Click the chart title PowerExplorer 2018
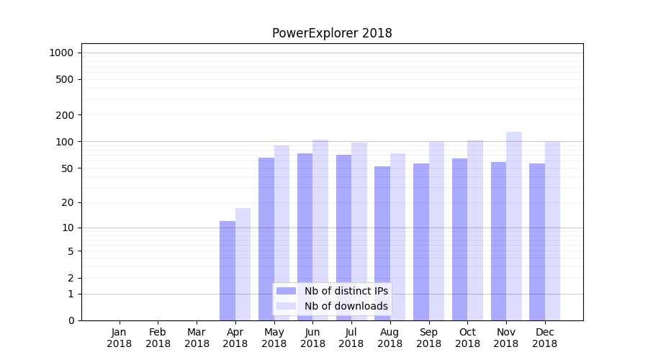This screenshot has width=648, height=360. pos(332,33)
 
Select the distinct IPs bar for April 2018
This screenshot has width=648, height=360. pos(228,271)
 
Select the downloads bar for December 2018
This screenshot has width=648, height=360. pos(553,231)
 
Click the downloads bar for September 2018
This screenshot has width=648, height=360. pos(436,231)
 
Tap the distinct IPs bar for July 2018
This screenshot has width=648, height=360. pos(343,238)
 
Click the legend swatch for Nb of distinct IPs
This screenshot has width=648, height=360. pos(287,291)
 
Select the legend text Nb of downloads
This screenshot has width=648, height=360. pos(346,306)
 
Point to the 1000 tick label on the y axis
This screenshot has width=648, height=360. pos(61,53)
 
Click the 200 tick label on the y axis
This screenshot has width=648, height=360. pos(65,115)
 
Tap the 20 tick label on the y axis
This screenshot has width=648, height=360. pos(67,202)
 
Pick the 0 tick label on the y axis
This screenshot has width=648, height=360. pos(71,320)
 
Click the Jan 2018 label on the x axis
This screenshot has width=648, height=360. pos(120,338)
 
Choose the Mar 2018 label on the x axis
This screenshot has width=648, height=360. pos(197,338)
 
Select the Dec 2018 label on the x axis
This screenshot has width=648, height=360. pos(545,338)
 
